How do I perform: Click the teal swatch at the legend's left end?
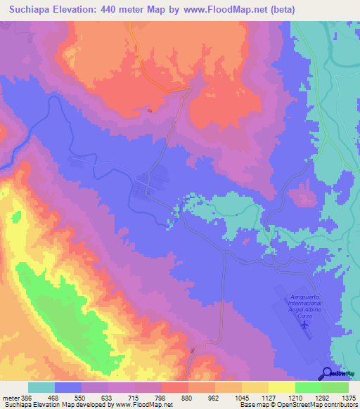tap(41, 387)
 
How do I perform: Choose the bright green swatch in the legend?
tap(309, 387)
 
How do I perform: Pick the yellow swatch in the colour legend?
tap(282, 387)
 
